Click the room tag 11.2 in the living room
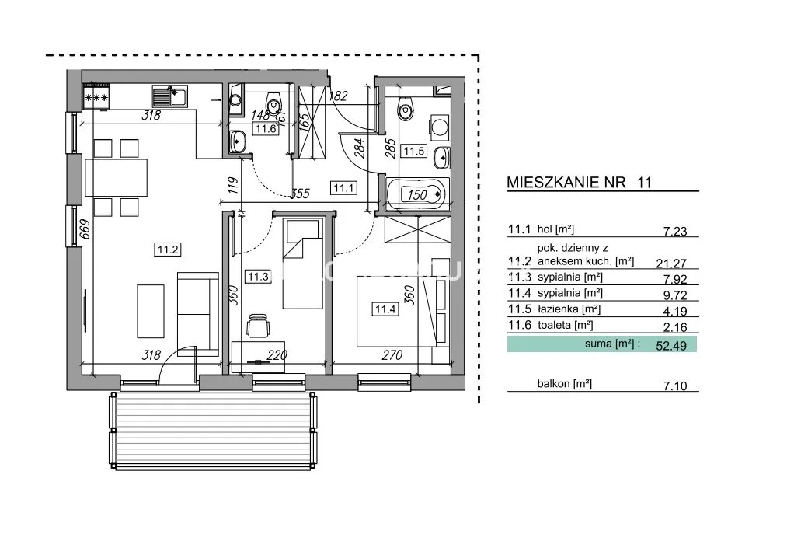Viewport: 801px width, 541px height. point(168,250)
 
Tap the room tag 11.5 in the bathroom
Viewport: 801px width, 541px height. point(414,152)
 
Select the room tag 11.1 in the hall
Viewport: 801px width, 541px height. point(344,188)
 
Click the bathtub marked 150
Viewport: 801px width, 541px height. point(418,194)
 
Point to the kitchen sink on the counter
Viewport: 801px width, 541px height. point(170,96)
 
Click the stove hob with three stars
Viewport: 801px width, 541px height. point(96,97)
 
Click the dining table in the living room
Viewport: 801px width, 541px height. point(117,178)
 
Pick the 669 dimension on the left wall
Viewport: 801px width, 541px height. point(85,229)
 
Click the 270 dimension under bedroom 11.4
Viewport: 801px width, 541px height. point(392,354)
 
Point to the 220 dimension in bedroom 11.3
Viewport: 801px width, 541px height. point(277,354)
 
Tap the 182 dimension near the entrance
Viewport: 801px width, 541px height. point(338,96)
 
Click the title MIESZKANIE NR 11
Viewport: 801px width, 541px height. point(580,183)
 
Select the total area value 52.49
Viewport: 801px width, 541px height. point(671,345)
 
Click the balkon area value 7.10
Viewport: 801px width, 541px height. point(675,386)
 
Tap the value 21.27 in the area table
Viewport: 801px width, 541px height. point(671,263)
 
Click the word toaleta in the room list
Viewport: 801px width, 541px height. point(554,325)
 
